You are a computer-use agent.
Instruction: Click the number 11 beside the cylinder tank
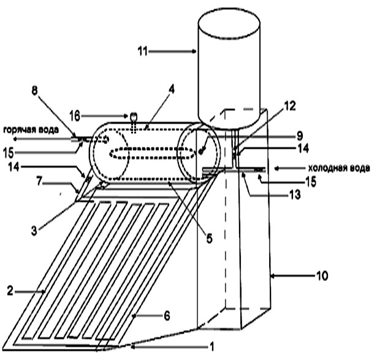142,51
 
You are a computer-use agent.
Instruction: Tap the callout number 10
322,276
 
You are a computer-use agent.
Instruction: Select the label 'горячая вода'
31,130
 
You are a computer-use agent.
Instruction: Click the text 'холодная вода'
339,168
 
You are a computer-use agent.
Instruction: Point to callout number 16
75,116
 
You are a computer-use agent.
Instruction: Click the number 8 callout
35,91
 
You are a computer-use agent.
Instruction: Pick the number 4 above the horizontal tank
172,89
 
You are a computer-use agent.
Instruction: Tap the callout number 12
290,106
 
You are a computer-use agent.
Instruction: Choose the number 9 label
300,136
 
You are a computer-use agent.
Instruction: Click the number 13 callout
295,195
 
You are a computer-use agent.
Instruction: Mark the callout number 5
210,239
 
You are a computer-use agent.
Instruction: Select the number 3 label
34,231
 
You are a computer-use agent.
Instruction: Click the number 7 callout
39,182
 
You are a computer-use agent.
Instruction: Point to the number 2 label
10,291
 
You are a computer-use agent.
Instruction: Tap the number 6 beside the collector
167,315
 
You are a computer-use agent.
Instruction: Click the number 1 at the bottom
212,347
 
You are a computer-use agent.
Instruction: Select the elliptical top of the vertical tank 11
229,23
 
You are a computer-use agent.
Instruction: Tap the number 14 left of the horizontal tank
13,167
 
